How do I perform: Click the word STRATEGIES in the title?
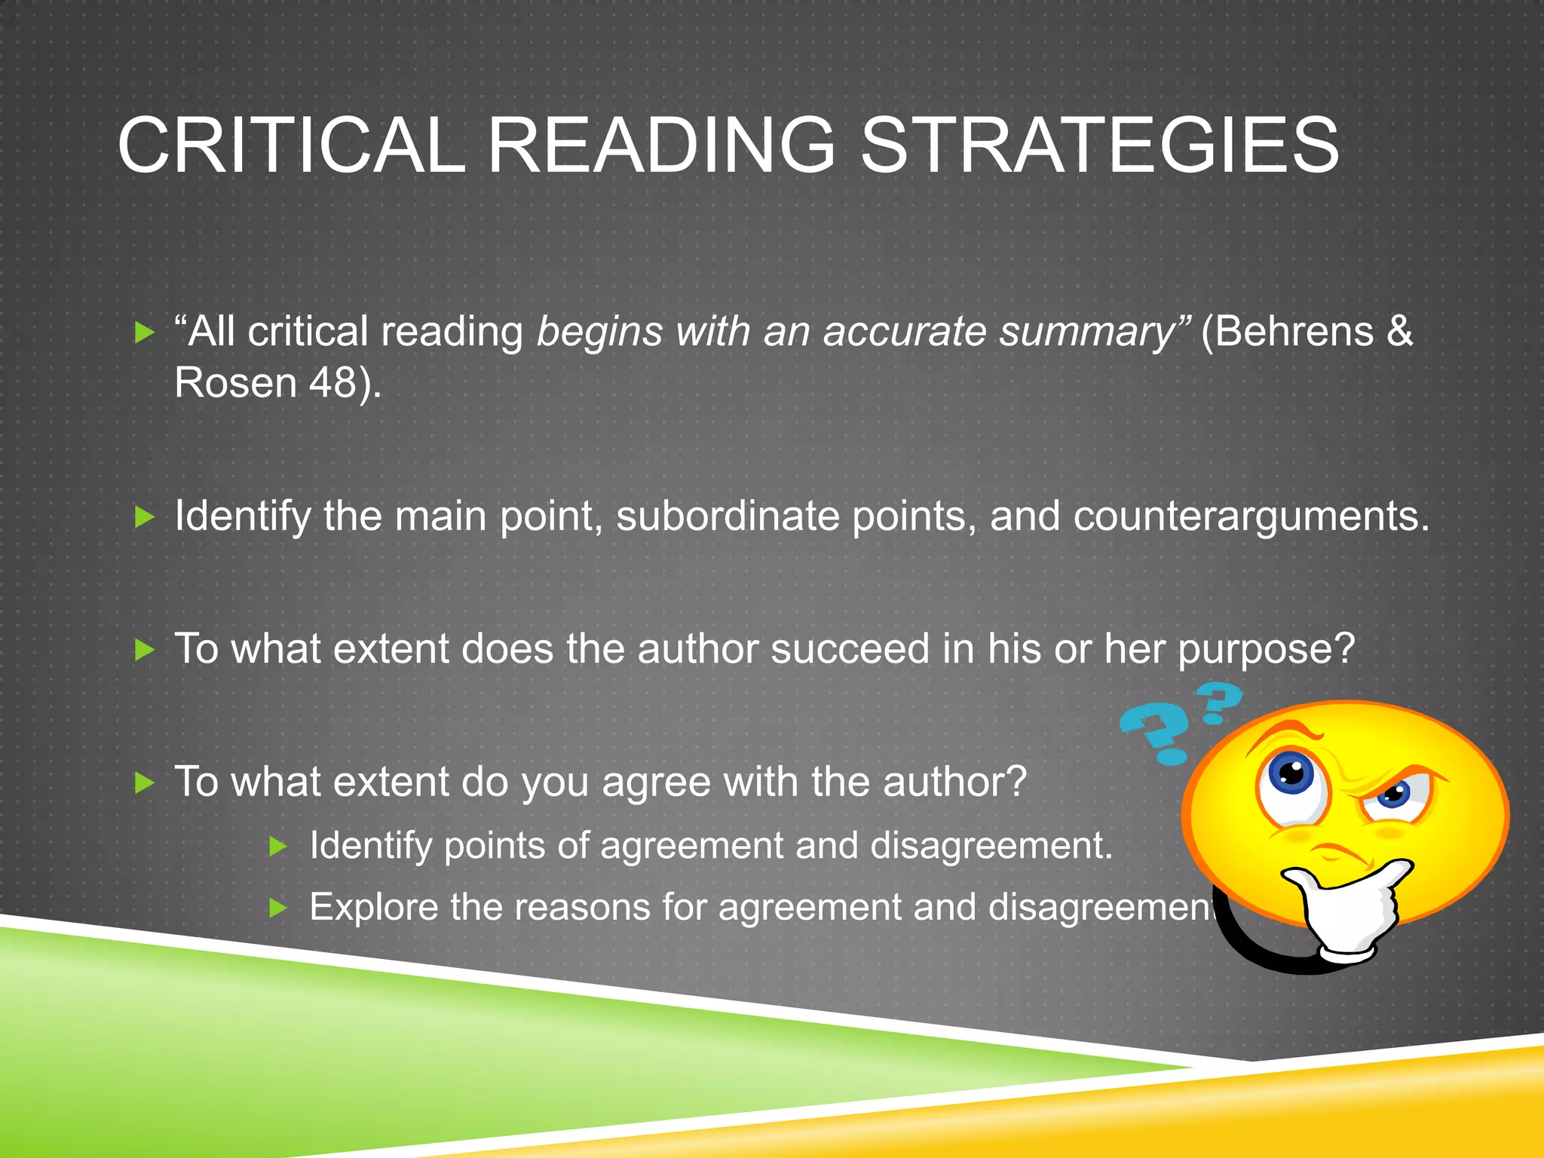pyautogui.click(x=1099, y=145)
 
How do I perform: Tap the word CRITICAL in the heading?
pyautogui.click(x=291, y=145)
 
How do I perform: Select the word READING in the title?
pyautogui.click(x=662, y=145)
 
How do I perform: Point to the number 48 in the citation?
pyautogui.click(x=332, y=382)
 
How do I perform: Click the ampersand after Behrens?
pyautogui.click(x=1399, y=332)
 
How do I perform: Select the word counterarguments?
pyautogui.click(x=1250, y=517)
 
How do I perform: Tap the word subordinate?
pyautogui.click(x=728, y=516)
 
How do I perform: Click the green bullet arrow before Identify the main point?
pyautogui.click(x=143, y=517)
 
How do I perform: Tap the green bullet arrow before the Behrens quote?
pyautogui.click(x=143, y=332)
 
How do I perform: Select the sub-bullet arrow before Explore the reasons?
pyautogui.click(x=278, y=908)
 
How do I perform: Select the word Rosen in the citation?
pyautogui.click(x=235, y=382)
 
